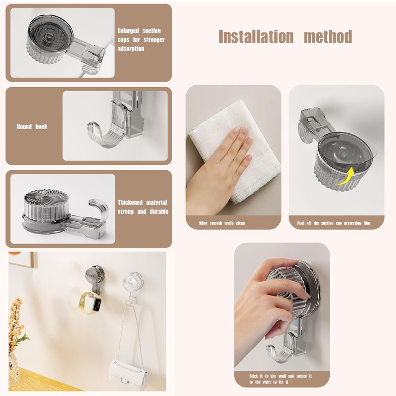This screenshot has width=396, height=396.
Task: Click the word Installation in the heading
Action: coord(256,37)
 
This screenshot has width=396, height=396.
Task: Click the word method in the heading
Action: coord(328,37)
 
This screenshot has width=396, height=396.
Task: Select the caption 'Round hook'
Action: coord(32,127)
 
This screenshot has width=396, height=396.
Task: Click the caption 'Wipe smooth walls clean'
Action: coord(222,223)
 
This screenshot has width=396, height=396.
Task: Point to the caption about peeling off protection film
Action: coord(333,223)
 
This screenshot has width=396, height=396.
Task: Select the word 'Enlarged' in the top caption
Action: coord(128,31)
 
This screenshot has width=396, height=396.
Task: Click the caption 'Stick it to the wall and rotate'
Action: coord(281,377)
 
